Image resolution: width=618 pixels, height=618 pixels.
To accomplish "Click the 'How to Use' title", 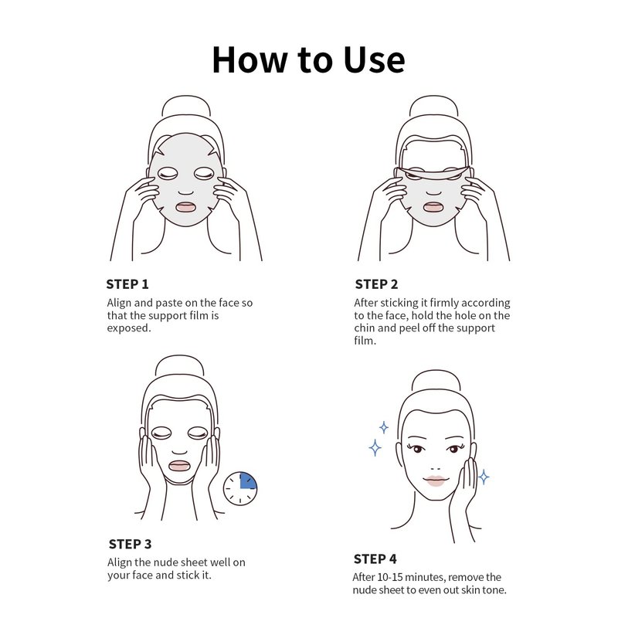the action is coord(308,60).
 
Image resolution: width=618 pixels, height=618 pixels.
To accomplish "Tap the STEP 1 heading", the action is coord(127,284).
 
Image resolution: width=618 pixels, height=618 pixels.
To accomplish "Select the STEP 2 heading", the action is coord(376,284).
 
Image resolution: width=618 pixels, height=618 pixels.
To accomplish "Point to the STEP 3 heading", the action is coord(130,544).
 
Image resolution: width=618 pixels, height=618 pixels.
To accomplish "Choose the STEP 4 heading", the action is coord(375,559).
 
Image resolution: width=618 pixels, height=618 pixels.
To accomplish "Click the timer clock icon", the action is coord(240,488).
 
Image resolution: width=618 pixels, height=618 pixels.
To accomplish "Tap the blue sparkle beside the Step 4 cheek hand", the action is coord(484,477).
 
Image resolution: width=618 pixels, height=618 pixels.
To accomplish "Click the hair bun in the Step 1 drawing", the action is coord(186,106).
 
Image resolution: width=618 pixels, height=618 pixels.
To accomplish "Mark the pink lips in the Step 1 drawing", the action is coord(185,207).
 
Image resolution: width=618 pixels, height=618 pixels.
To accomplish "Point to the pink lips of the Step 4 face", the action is coord(435,480).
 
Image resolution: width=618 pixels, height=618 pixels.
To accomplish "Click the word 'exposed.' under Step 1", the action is coord(129,328).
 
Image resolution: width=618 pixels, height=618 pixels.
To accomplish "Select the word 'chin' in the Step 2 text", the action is coord(365,328).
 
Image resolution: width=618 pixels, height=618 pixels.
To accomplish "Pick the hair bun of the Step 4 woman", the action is coord(436,380).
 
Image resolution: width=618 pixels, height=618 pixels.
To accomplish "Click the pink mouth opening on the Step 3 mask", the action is coord(179,466).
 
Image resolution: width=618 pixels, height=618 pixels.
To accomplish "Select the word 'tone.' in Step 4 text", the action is coord(494,590).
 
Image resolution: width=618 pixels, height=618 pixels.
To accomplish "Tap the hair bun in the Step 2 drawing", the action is coord(433,106).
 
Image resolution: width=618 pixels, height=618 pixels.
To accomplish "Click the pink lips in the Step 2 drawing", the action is coord(433,207).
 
